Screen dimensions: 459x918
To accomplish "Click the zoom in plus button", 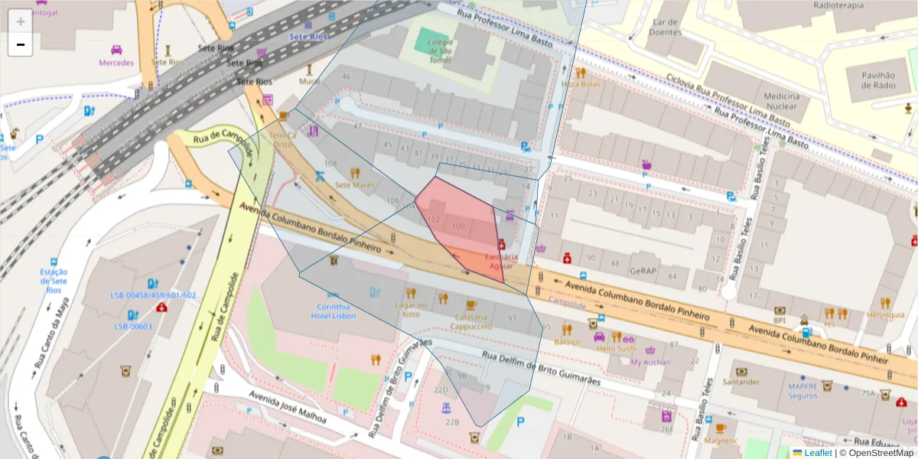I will (x=21, y=21).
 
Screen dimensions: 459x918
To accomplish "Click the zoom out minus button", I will (x=21, y=44).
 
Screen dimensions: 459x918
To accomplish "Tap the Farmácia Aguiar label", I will (x=502, y=261).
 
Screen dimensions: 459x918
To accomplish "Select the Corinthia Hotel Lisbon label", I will (x=333, y=311).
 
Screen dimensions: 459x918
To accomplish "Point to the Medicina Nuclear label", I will (x=781, y=102).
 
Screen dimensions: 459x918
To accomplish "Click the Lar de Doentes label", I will (x=664, y=28).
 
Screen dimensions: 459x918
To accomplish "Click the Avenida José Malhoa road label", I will (x=288, y=409).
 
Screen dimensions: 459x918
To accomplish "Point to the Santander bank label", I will (x=741, y=382).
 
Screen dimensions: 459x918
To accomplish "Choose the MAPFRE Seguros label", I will (x=802, y=391).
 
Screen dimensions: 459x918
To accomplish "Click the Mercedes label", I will (x=116, y=63).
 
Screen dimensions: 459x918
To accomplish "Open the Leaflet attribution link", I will (x=818, y=453).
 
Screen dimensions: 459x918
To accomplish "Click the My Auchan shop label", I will (x=650, y=362).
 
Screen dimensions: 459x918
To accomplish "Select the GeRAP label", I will (x=644, y=271).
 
